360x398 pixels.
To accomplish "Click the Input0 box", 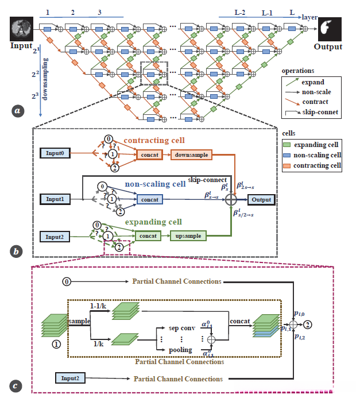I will tap(57, 153).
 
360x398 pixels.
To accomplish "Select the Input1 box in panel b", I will tap(57, 199).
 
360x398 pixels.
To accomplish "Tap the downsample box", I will tap(191, 154).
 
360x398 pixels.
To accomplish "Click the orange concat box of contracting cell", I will tap(147, 154).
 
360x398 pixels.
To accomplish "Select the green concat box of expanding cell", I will tap(148, 235).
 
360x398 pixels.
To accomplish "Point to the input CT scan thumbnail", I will tap(21, 26).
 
